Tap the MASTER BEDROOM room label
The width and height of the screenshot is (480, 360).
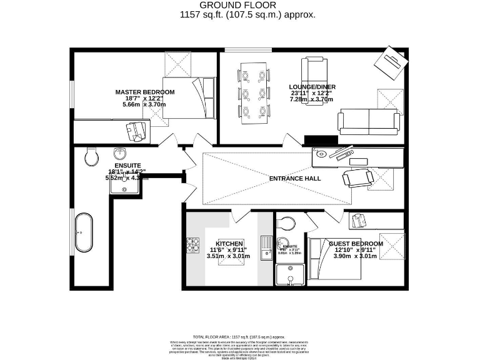click(x=144, y=92)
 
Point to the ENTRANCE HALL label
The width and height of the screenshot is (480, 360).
click(x=295, y=179)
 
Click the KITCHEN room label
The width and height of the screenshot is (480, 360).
click(x=229, y=243)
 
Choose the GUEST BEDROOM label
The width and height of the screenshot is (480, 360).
click(x=356, y=243)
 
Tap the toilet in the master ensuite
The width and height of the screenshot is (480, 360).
click(x=91, y=157)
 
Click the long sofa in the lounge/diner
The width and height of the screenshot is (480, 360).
click(x=368, y=121)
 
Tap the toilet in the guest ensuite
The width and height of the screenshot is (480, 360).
click(x=287, y=224)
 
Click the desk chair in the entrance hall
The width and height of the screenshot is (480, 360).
click(x=358, y=179)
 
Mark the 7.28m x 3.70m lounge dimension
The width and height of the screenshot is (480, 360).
click(x=310, y=99)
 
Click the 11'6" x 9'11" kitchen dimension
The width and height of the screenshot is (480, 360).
click(x=229, y=249)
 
